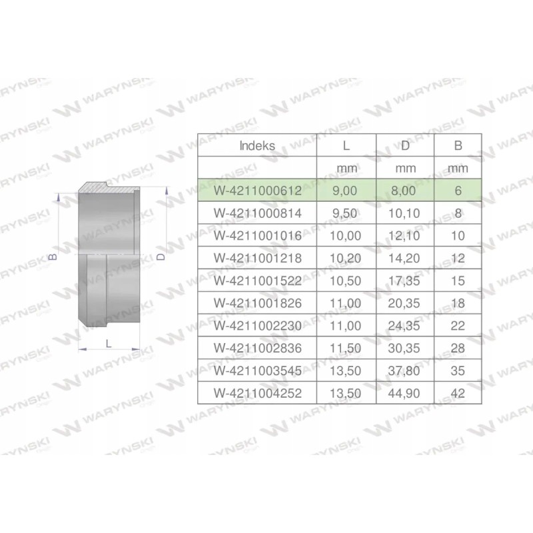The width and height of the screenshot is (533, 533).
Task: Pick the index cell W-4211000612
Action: tap(258, 191)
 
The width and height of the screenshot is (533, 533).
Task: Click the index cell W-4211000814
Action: tap(258, 213)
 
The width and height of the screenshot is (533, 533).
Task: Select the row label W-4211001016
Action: tap(258, 236)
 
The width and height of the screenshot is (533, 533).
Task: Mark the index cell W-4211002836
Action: tap(258, 348)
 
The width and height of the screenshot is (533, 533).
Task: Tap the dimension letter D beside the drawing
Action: tap(162, 257)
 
